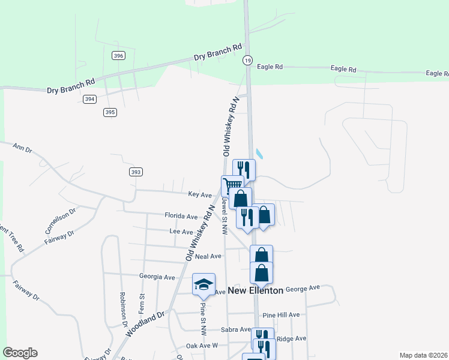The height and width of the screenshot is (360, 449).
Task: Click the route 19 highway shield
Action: coord(247,60)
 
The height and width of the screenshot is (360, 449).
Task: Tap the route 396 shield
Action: coord(118,56)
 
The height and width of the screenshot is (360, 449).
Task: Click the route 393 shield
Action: coord(136,172)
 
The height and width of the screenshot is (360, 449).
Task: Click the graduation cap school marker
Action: coord(203,284)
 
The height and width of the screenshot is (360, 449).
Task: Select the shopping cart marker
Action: coord(232,185)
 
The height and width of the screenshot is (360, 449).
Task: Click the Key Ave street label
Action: coord(200,195)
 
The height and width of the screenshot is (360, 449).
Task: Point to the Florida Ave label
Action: coord(181,216)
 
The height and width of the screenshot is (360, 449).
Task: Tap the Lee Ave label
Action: coord(181,232)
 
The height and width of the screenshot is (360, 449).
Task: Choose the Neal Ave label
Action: coord(212,256)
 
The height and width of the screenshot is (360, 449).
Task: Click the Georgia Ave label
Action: coord(157,277)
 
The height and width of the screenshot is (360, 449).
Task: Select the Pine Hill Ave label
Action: coord(289,315)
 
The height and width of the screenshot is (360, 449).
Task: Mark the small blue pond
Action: coord(259,154)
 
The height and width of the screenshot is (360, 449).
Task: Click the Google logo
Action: coord(20,353)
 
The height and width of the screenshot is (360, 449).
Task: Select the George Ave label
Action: coord(303,289)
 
